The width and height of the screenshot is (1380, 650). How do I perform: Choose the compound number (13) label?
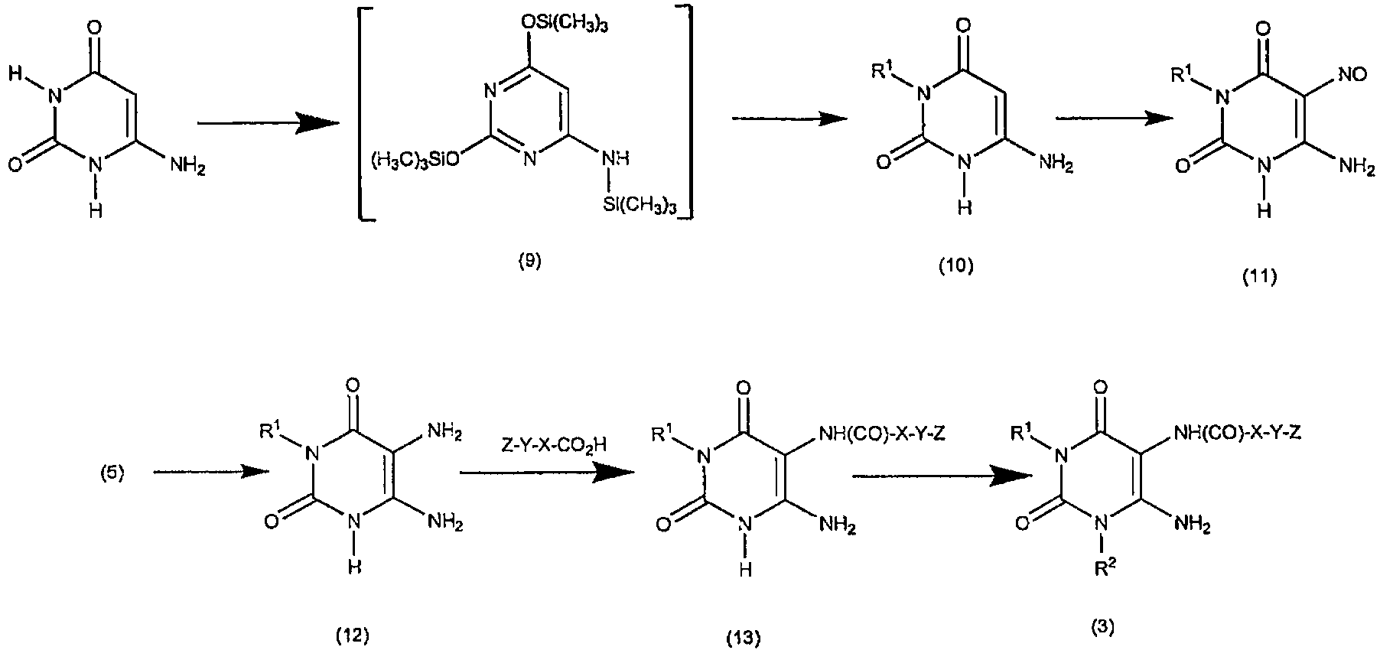pos(743,636)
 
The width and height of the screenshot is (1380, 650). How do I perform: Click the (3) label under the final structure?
pos(1102,627)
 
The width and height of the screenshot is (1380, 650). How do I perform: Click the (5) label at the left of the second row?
pos(112,473)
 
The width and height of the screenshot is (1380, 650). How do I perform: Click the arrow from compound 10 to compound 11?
pos(1115,119)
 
